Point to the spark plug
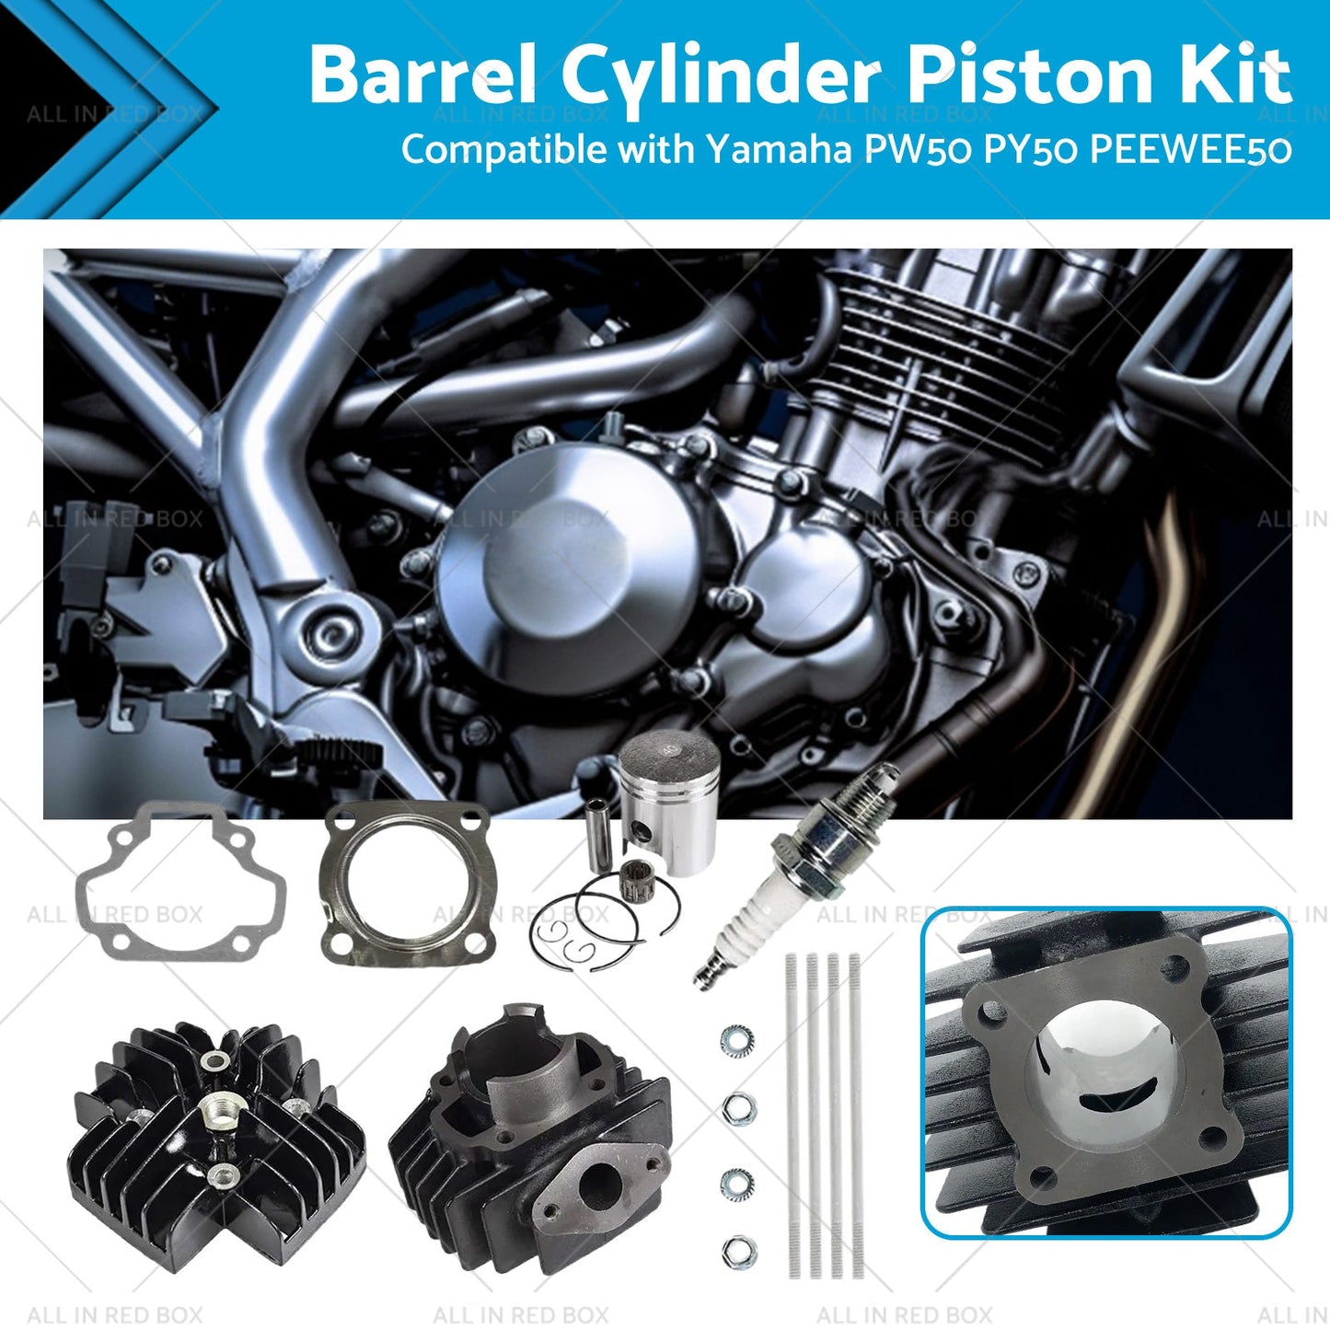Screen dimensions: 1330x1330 tap(797, 875)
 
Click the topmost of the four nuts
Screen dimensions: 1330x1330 tap(737, 1040)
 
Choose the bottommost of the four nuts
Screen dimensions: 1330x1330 tap(739, 1252)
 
